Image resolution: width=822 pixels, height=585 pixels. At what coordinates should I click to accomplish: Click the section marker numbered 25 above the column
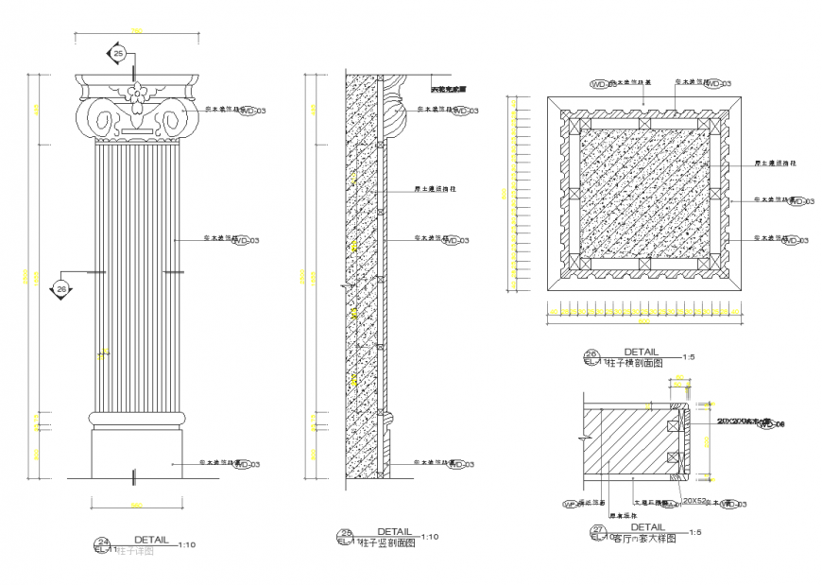tap(118, 54)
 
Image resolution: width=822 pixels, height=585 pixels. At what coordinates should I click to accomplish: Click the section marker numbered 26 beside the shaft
tap(62, 287)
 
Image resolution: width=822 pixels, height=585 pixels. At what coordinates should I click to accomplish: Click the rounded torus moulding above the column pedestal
tap(136, 418)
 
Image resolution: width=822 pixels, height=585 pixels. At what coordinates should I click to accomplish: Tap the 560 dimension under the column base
tap(136, 503)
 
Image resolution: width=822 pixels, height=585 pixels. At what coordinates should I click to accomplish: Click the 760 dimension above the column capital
tap(136, 32)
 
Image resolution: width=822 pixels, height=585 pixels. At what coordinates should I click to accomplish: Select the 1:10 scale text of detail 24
tap(188, 544)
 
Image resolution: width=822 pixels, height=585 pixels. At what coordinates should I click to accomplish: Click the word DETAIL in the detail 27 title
tap(647, 527)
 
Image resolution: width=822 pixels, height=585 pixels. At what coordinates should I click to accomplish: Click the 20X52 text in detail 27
tap(695, 500)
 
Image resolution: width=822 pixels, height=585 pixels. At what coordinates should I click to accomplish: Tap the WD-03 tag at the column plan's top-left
tap(601, 84)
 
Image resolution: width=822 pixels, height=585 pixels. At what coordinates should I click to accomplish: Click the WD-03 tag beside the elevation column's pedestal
tap(247, 464)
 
